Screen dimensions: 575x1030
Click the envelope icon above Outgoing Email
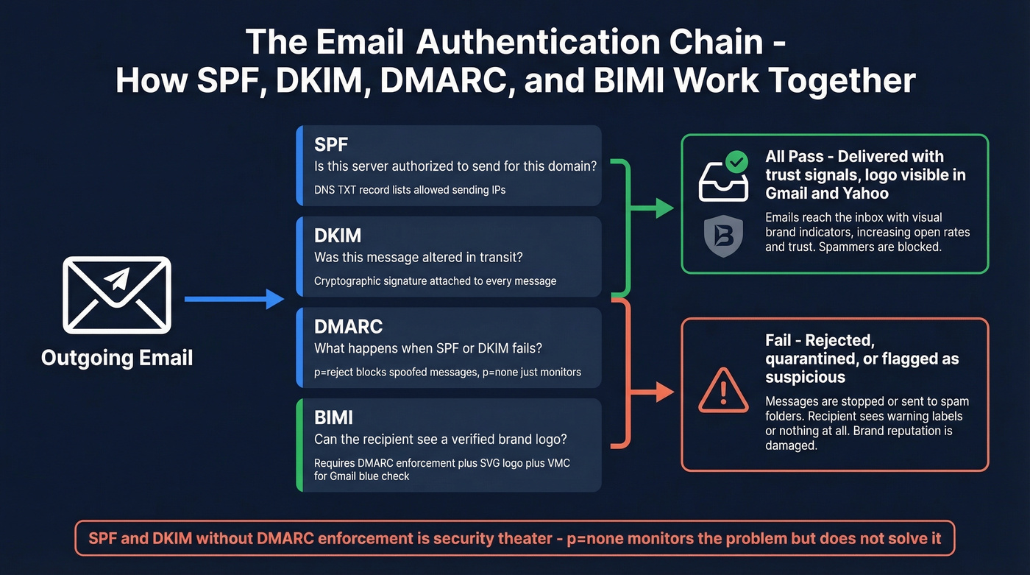coord(117,294)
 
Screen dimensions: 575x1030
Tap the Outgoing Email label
coord(117,359)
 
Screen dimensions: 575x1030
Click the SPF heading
coord(330,144)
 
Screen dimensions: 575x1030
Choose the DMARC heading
coord(348,326)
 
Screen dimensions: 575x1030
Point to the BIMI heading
coord(333,417)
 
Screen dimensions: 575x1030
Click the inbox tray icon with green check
coord(723,177)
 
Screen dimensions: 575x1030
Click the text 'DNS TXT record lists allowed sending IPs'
coord(410,190)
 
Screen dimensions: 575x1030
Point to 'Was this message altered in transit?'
coord(424,258)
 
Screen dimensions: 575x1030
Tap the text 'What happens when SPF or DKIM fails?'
coord(429,349)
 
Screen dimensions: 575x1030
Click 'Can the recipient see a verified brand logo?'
coord(440,440)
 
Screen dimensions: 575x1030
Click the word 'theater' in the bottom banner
coord(524,538)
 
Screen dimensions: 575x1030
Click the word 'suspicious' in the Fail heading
coord(805,378)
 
